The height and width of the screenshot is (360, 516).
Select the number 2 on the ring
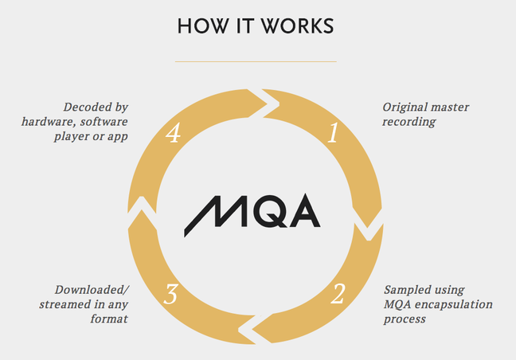(x=338, y=294)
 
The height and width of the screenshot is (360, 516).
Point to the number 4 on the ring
(x=174, y=133)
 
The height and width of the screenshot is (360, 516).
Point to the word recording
(x=409, y=122)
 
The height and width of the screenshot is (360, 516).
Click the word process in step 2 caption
(x=405, y=319)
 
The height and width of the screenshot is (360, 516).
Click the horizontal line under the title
(x=256, y=61)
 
